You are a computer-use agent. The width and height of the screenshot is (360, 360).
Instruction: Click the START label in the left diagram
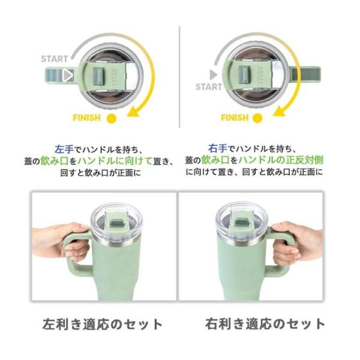click(x=55, y=59)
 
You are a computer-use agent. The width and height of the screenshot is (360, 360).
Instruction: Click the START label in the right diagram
click(x=209, y=87)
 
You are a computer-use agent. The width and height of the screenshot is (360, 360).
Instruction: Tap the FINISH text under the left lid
click(x=87, y=118)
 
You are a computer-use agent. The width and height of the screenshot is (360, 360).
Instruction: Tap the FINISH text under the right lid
click(x=235, y=118)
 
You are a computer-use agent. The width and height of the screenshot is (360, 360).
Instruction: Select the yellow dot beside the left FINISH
click(x=112, y=118)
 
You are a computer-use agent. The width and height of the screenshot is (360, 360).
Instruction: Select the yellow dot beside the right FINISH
click(x=257, y=118)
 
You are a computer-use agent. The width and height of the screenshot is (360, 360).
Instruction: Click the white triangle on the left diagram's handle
click(x=68, y=76)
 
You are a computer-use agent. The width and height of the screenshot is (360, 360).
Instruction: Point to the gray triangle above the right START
click(x=214, y=74)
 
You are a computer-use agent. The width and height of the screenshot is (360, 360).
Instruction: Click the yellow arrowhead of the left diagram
click(x=134, y=111)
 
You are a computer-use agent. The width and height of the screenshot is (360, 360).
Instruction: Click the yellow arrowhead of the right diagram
click(x=280, y=111)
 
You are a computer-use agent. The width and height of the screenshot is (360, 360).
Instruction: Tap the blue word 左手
click(x=64, y=149)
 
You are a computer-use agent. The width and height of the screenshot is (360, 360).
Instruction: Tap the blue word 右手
click(x=218, y=149)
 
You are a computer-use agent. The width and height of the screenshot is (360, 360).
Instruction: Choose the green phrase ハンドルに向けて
click(x=115, y=161)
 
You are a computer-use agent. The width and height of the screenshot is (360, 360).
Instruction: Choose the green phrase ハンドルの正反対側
click(x=281, y=160)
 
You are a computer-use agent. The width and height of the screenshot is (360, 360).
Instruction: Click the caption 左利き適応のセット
click(x=103, y=324)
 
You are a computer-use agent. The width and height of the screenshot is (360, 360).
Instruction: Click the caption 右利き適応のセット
click(x=265, y=324)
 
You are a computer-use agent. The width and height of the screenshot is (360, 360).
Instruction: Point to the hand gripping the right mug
click(x=298, y=241)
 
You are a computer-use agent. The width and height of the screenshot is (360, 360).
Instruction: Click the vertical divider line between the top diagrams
click(x=179, y=77)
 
